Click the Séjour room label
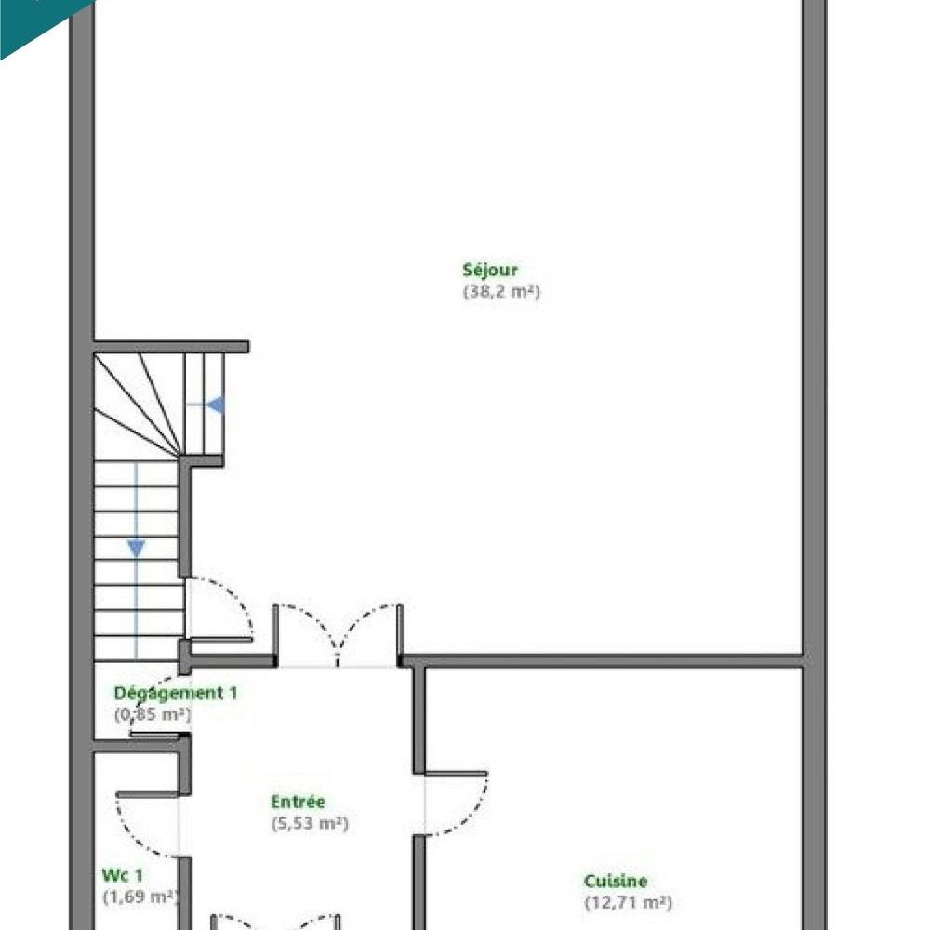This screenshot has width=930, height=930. [490, 271]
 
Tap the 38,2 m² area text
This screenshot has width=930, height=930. [501, 291]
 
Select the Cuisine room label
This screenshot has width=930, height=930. [616, 881]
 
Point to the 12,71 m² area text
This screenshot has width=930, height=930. [628, 902]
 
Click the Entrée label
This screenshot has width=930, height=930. [298, 802]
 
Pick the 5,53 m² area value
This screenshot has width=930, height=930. [310, 823]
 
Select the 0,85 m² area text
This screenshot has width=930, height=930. [153, 715]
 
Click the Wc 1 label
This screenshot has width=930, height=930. [124, 875]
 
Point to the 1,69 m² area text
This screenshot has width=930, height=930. [139, 897]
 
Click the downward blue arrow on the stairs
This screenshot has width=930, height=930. [136, 549]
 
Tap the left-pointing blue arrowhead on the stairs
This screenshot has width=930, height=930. [216, 405]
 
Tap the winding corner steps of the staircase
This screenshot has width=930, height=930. [139, 400]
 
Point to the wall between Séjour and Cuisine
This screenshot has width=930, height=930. [604, 661]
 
